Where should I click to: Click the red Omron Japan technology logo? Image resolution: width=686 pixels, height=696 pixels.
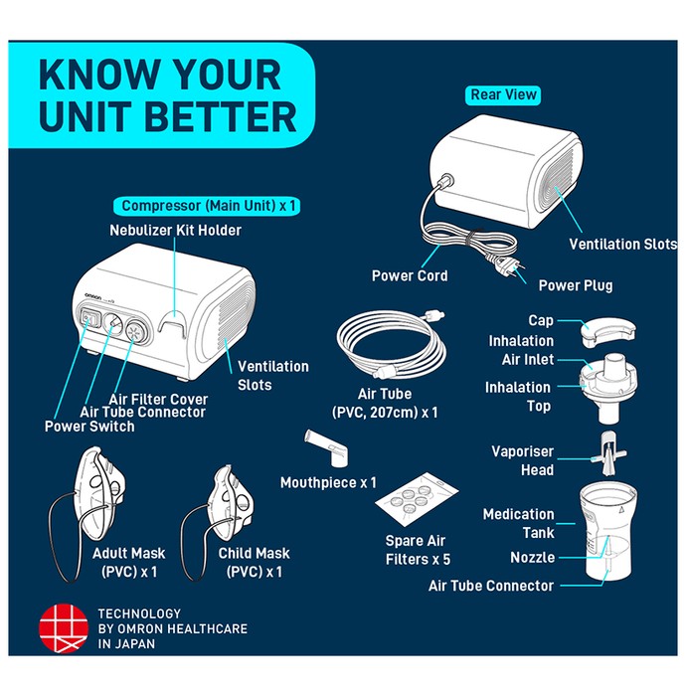64,627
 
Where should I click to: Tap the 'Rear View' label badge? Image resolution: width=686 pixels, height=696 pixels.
503,95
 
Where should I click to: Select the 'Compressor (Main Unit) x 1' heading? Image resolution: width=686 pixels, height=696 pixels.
207,206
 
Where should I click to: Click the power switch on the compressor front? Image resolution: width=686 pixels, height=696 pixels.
89,318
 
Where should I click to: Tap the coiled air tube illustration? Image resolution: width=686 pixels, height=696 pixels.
392,344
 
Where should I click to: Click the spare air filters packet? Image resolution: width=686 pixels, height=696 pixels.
417,498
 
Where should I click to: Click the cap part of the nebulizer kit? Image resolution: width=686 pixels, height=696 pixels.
607,332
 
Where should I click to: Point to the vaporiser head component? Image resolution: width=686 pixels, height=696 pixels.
608,452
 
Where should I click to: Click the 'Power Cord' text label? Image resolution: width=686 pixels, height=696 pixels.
410,275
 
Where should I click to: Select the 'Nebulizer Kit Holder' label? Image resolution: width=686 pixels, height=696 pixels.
175,231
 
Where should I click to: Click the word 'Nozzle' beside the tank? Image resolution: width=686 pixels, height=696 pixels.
533,558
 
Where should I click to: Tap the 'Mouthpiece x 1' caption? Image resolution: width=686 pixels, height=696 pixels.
328,482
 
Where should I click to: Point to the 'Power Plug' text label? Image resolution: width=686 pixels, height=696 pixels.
576,286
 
